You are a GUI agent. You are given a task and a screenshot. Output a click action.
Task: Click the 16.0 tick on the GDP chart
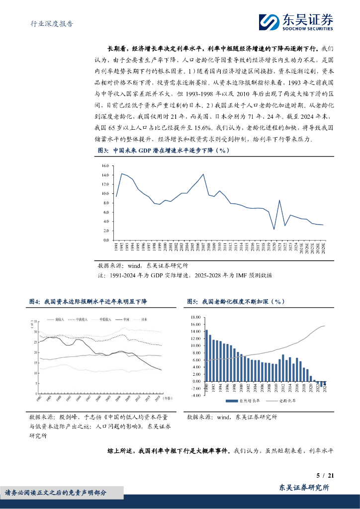(x=104, y=166)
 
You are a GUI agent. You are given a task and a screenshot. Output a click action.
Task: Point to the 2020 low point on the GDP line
(x=274, y=229)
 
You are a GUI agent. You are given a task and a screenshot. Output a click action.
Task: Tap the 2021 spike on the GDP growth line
(x=279, y=200)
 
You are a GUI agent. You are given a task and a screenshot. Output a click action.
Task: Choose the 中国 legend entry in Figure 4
(x=125, y=320)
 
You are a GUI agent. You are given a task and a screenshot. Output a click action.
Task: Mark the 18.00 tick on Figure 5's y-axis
(x=195, y=317)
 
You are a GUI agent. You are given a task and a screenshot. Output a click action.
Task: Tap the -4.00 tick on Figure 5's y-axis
(x=195, y=395)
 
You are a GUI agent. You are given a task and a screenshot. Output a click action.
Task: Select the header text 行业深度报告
(x=48, y=23)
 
